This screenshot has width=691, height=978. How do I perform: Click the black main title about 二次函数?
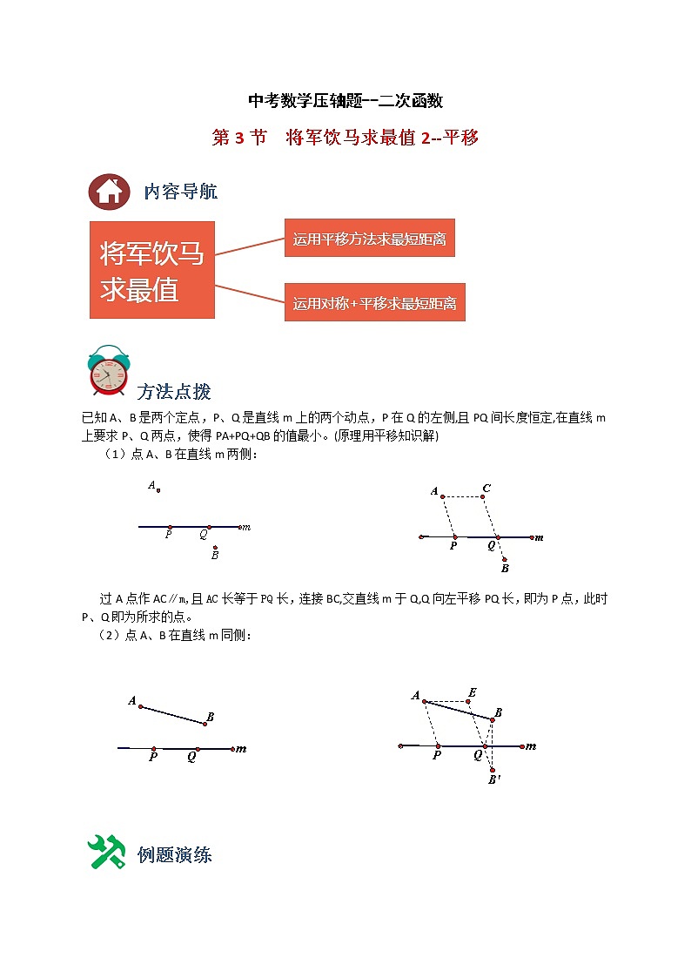point(345,101)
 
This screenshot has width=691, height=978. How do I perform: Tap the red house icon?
point(109,191)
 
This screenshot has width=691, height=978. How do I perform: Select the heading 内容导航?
point(181,192)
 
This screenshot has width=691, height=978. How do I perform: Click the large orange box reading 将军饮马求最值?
point(152,269)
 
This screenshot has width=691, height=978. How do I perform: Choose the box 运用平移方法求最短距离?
point(369,238)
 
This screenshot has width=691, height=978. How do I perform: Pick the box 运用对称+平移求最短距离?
point(374,302)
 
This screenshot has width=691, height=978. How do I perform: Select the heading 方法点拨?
point(174,391)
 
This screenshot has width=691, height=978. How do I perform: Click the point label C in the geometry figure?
point(486,488)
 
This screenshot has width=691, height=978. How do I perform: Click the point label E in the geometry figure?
point(472,693)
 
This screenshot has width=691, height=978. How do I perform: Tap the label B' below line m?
point(493,779)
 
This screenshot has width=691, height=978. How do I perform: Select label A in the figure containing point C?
point(434,492)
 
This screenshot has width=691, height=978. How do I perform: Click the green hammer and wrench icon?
point(107,852)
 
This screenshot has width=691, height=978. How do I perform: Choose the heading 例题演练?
point(174,854)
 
